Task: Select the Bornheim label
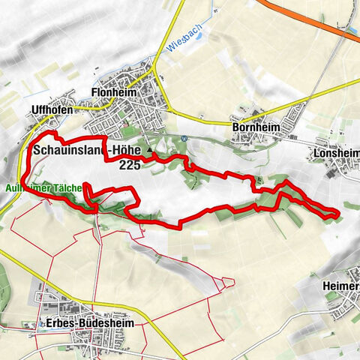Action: click(255, 128)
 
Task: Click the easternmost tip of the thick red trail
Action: click(338, 216)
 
